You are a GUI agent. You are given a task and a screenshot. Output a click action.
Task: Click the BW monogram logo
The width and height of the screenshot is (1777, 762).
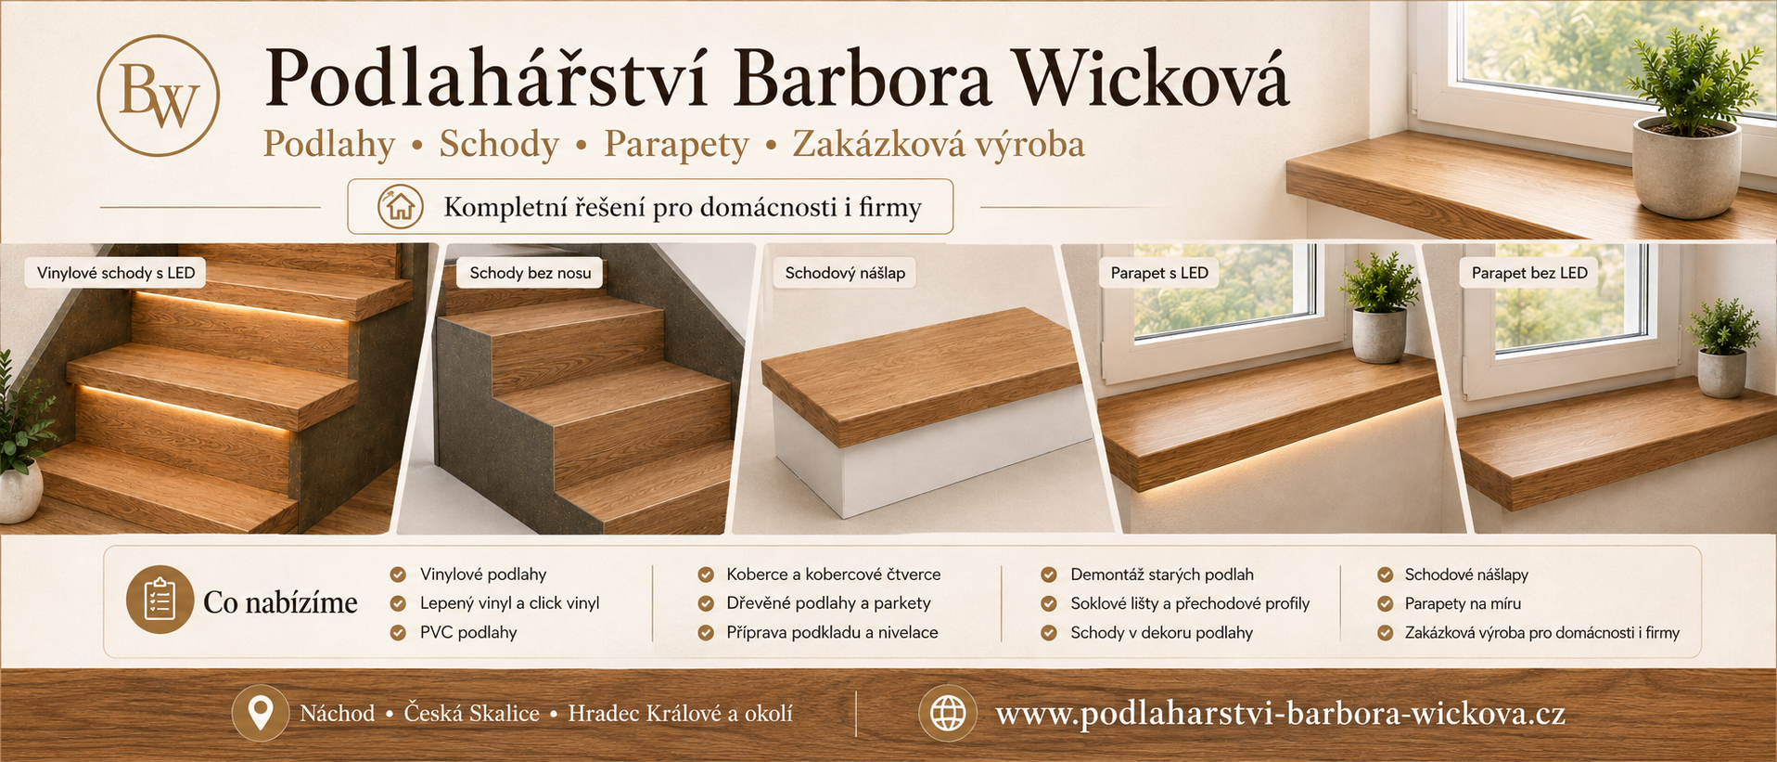(159, 96)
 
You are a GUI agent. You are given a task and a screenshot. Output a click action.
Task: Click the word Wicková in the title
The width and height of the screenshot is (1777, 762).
(1150, 78)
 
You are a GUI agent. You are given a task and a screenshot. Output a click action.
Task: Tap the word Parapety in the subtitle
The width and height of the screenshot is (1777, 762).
(676, 145)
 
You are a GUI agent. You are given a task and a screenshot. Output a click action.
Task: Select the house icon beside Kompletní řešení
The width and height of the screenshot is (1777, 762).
(401, 206)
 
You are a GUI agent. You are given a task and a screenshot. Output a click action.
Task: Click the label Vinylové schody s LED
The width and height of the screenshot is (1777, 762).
(116, 273)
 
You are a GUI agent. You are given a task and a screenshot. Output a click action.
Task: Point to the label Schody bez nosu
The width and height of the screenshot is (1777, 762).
(531, 273)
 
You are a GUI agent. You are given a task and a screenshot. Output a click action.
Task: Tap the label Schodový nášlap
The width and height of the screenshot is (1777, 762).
(845, 273)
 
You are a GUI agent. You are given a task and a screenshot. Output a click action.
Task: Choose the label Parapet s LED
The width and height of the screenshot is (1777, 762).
(1159, 273)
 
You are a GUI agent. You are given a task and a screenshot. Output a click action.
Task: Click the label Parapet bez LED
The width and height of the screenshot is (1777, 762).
(1529, 273)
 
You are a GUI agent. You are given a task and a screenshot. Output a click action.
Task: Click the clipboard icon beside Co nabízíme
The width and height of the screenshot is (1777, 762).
(160, 600)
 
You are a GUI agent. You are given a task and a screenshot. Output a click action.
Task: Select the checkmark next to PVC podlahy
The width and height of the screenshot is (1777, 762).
(398, 633)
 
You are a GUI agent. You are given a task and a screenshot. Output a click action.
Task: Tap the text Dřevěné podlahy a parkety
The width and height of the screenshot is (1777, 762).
(828, 603)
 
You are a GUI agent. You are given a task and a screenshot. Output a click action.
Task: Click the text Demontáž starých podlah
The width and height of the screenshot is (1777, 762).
(1162, 575)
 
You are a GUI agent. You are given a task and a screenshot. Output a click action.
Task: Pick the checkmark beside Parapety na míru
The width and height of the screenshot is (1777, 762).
(1386, 604)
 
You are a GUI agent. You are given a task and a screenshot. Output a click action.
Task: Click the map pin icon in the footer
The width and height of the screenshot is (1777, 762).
(261, 713)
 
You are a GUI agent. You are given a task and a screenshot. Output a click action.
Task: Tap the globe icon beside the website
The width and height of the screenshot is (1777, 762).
(948, 713)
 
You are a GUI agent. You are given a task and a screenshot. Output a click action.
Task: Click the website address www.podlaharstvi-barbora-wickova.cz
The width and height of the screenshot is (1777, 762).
(1281, 714)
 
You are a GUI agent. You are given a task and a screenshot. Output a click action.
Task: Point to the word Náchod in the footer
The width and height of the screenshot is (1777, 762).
(338, 713)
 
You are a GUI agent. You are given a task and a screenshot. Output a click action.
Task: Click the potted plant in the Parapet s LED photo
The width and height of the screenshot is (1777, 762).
(1379, 306)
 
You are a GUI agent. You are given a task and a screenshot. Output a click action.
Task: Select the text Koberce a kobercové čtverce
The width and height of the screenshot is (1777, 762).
(834, 575)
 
